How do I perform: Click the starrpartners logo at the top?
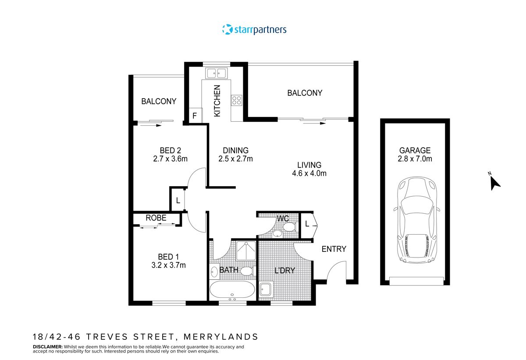[x=254, y=30]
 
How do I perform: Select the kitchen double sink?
[x=216, y=73]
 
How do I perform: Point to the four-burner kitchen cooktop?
[x=237, y=100]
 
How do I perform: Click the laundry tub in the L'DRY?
[x=266, y=289]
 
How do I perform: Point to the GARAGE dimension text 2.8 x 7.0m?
[x=415, y=159]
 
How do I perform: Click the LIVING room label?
[x=309, y=165]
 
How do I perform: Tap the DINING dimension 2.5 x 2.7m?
[x=235, y=159]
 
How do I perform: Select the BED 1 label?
[x=169, y=257]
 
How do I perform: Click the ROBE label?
[x=156, y=218]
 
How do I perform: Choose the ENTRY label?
[x=334, y=249]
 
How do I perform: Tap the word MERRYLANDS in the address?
[x=220, y=337]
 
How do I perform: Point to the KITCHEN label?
[x=217, y=101]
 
